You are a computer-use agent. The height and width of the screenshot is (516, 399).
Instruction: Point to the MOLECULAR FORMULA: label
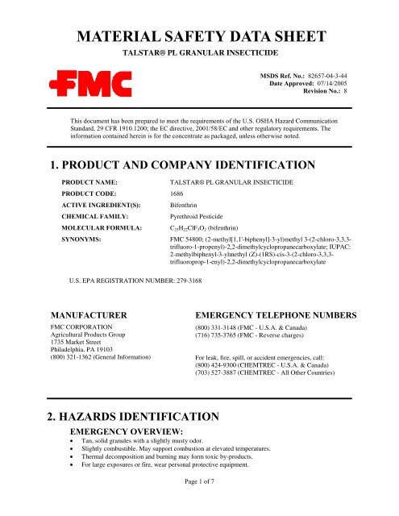tap(106, 230)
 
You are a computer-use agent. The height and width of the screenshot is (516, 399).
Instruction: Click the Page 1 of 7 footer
tap(199, 504)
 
